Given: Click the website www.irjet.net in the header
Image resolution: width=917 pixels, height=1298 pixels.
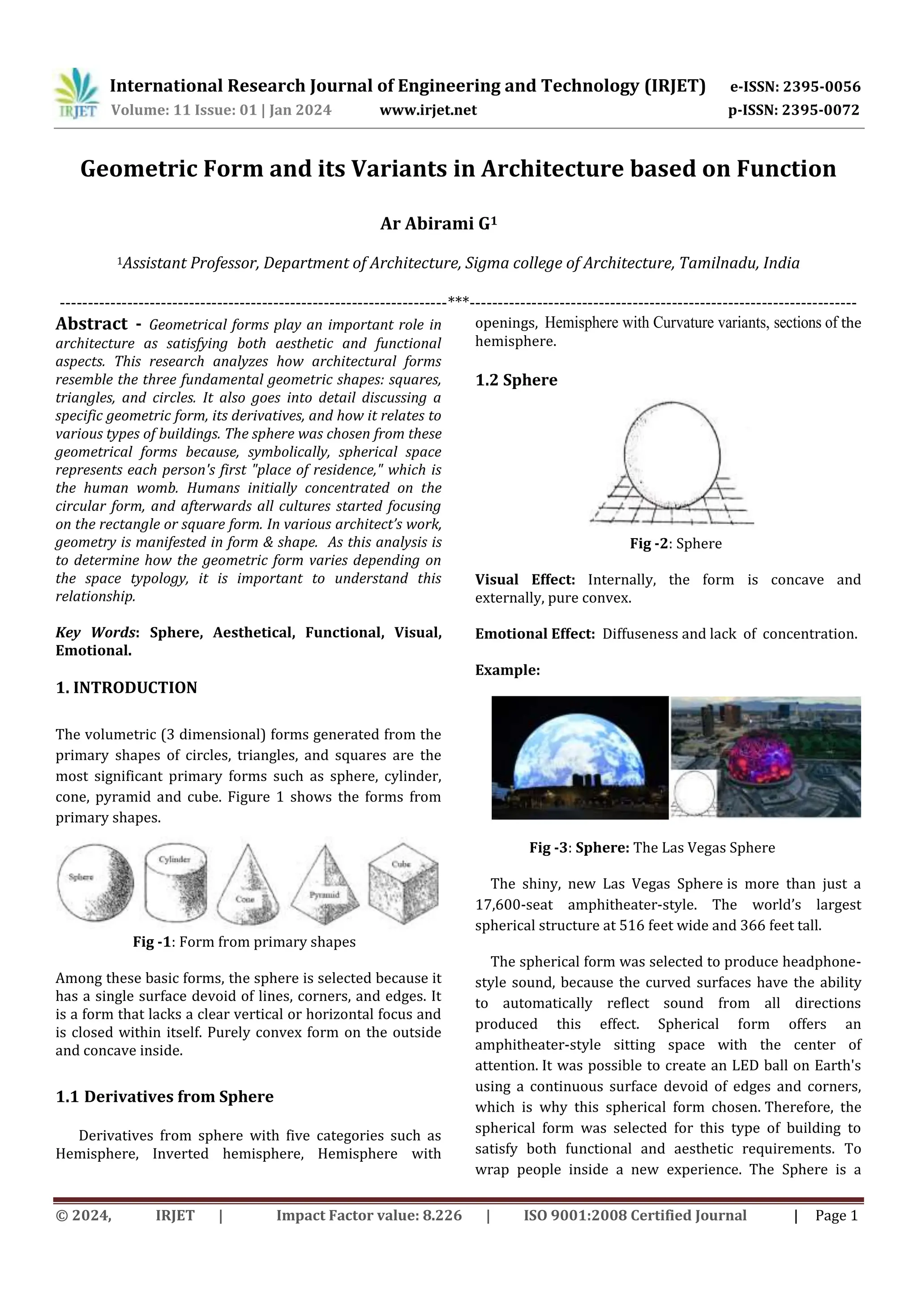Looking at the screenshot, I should click(x=428, y=110).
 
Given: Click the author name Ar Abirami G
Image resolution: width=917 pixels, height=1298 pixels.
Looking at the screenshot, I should click(x=438, y=224).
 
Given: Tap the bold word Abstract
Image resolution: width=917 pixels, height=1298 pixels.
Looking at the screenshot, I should click(x=91, y=323).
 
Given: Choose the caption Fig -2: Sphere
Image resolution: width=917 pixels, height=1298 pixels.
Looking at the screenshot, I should click(x=676, y=543).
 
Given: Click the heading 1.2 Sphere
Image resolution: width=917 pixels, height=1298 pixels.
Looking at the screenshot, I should click(x=516, y=380).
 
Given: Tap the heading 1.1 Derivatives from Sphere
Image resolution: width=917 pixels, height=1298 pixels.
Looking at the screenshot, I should click(x=164, y=1097).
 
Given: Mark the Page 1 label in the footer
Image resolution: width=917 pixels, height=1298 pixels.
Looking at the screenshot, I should click(x=836, y=1216).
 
